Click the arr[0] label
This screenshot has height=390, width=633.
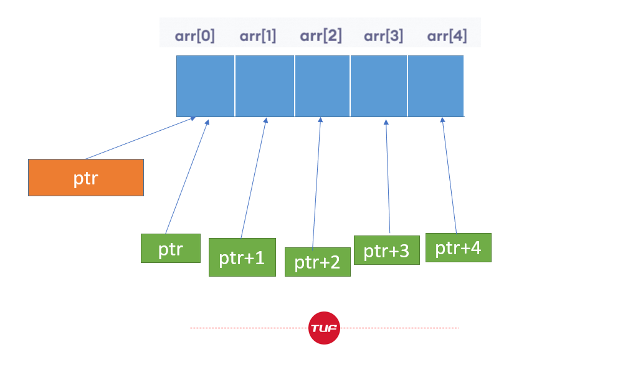click(195, 36)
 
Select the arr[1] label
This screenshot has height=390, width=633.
click(258, 36)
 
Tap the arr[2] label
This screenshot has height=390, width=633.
click(321, 36)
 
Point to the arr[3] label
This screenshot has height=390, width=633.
click(384, 36)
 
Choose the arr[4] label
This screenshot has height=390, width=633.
click(447, 36)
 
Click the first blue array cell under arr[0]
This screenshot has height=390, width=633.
click(206, 86)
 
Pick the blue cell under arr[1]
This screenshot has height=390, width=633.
click(265, 86)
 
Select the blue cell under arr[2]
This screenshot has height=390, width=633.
click(323, 86)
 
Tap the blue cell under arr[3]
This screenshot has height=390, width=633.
click(379, 86)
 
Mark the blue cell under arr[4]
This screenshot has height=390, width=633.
click(435, 86)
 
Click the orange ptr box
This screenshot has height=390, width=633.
click(86, 178)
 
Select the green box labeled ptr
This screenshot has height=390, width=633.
click(171, 249)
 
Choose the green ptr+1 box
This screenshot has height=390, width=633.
click(242, 257)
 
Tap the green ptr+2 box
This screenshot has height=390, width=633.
click(318, 262)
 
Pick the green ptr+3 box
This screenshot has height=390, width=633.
click(386, 250)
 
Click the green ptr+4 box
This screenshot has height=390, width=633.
click(458, 247)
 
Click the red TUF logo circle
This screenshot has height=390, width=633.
click(324, 328)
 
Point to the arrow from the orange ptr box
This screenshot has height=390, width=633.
click(141, 138)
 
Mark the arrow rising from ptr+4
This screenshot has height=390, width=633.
click(449, 175)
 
